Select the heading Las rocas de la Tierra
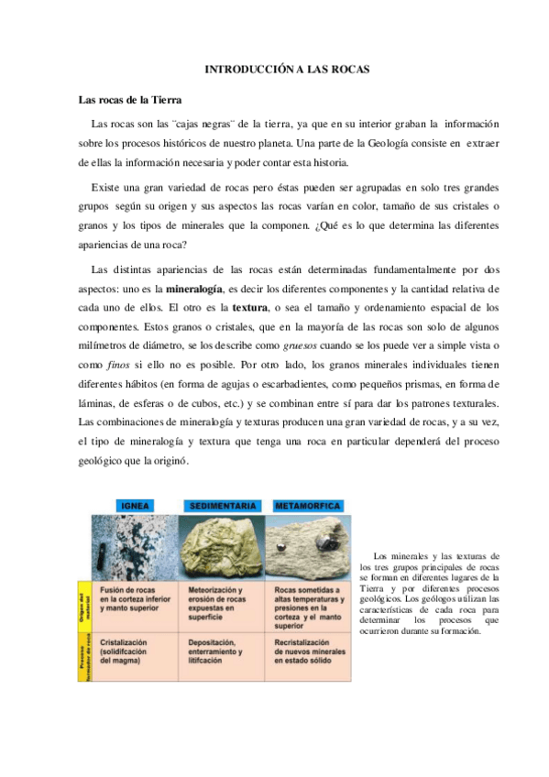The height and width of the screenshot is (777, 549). point(129,99)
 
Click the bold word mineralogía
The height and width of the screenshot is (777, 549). point(194,289)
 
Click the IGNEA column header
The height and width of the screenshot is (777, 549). point(136,506)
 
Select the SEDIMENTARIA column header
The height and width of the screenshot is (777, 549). point(225,506)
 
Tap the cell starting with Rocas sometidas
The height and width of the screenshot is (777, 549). point(312,606)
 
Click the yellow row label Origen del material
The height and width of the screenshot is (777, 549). point(82,606)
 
